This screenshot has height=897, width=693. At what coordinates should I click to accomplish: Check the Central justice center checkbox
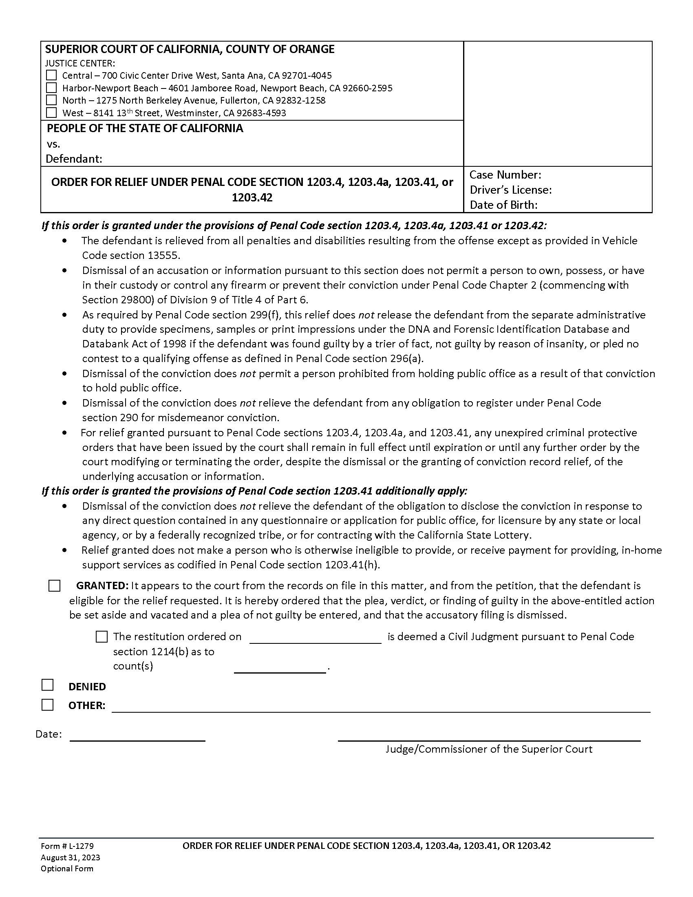(51, 75)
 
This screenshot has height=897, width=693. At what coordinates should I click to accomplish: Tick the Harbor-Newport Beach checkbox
(51, 88)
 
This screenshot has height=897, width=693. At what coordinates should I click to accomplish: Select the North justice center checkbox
(51, 100)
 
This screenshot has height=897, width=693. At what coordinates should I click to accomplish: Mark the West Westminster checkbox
(51, 113)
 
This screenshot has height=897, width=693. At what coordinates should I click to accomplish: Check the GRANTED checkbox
(54, 585)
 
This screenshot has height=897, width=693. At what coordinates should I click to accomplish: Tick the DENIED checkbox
(48, 685)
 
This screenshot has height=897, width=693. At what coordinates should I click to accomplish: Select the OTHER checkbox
(48, 705)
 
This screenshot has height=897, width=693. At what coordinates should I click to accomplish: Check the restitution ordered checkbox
(102, 636)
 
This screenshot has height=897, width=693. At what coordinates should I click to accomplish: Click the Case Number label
(505, 175)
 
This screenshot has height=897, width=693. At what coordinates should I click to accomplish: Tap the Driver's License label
(510, 190)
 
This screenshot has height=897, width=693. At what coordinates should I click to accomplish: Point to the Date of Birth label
(503, 205)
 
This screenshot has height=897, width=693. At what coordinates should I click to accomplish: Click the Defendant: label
(74, 159)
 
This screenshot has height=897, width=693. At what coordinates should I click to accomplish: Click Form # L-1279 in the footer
(67, 846)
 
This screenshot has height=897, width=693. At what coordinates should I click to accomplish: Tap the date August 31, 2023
(70, 857)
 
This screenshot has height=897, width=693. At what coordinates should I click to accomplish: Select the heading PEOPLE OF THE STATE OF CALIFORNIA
(145, 128)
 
